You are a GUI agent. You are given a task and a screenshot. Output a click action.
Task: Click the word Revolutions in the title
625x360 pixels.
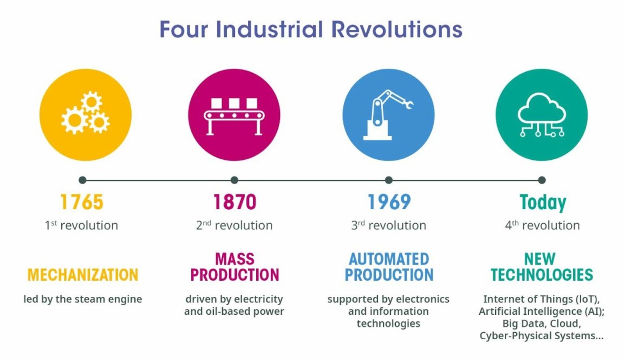point(396,30)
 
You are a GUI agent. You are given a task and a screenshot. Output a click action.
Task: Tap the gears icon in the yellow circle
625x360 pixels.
point(86,113)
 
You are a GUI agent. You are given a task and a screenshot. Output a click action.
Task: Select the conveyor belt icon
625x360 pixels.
point(234,116)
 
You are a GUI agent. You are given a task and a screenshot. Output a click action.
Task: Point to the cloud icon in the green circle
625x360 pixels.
point(542,114)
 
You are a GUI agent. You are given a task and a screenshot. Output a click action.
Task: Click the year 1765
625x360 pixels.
point(82,202)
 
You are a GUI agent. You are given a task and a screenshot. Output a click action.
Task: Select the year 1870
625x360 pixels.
point(234,202)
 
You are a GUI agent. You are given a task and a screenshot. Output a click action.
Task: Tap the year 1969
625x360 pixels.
point(389,202)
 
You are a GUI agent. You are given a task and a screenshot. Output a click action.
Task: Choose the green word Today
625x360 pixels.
point(543,202)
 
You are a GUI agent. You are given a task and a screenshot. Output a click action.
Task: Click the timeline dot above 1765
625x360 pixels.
point(82,180)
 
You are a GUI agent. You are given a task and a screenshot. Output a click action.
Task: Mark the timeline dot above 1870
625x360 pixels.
point(234,180)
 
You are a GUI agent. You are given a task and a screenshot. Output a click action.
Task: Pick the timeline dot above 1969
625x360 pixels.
point(389,180)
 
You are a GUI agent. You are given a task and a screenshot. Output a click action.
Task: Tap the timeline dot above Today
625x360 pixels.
point(542,180)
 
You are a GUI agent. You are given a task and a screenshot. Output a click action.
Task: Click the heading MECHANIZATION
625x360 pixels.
point(83,275)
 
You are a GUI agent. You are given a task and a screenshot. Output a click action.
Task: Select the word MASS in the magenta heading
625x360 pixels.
point(235,259)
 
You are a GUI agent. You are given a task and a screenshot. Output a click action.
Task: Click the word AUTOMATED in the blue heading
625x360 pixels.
point(389,259)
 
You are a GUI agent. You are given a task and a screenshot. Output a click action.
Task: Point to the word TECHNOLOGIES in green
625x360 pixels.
point(542,275)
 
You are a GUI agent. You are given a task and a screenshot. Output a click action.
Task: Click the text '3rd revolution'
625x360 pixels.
point(389,225)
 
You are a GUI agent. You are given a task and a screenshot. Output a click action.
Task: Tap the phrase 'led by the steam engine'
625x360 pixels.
point(83,299)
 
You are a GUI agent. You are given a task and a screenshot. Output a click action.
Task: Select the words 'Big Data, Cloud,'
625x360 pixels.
point(541,324)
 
